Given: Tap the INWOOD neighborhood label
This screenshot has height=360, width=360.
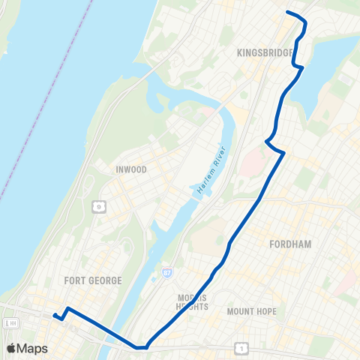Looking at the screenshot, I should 131,169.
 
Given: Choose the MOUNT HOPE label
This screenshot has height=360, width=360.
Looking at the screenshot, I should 251,311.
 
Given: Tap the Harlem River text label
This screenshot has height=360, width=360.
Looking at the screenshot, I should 211,181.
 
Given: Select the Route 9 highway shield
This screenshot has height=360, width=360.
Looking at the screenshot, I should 97,205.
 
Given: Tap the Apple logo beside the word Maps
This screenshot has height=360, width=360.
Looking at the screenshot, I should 12,348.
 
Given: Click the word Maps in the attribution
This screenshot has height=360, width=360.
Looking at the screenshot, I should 34,348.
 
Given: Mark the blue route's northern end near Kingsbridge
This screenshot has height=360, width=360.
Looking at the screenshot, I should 287,12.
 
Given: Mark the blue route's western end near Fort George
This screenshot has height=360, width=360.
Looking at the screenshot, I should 54,316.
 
